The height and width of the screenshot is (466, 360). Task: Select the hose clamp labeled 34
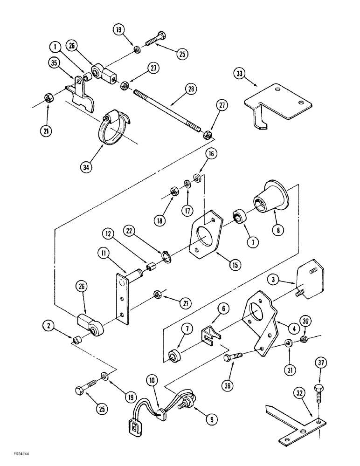click(x=113, y=128)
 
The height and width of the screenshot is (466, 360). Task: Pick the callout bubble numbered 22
click(x=131, y=231)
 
